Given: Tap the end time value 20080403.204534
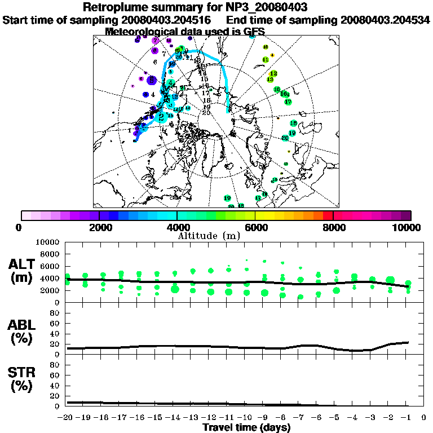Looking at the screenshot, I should click(385, 20).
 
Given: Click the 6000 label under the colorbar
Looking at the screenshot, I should click(255, 227).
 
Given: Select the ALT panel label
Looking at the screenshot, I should click(23, 264).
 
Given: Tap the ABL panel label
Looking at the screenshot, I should click(23, 325).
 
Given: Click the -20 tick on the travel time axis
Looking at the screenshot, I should click(67, 418).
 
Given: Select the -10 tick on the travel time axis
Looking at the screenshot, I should click(246, 418).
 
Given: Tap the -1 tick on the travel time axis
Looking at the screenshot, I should click(407, 418).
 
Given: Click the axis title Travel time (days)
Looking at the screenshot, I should click(246, 427).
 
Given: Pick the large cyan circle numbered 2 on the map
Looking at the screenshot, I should click(162, 117).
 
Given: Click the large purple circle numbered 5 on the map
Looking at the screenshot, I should click(151, 80).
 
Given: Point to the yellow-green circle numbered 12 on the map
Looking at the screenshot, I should click(273, 73).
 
